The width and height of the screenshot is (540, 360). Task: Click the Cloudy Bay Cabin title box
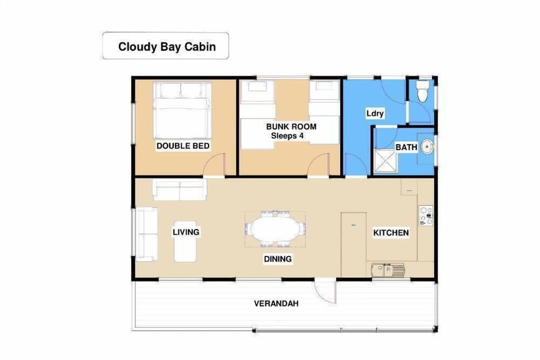coord(166,46)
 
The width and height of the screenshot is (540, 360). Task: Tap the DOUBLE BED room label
coord(183,146)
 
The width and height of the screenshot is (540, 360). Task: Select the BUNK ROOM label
coord(291,127)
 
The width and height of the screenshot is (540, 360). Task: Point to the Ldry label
coord(375,114)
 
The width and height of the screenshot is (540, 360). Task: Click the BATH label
coord(406,147)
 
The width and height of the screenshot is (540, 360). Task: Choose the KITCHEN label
coord(391,232)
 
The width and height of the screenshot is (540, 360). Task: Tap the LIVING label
coord(186,232)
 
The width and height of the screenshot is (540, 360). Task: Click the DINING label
coord(278,259)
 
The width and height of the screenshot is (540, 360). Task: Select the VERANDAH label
coord(276,304)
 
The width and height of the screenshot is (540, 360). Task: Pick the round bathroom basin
coord(427,147)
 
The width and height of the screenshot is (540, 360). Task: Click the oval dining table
coord(275,229)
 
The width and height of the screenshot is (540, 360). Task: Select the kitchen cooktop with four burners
coord(425,216)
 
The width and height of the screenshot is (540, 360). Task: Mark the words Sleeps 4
coord(291,136)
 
